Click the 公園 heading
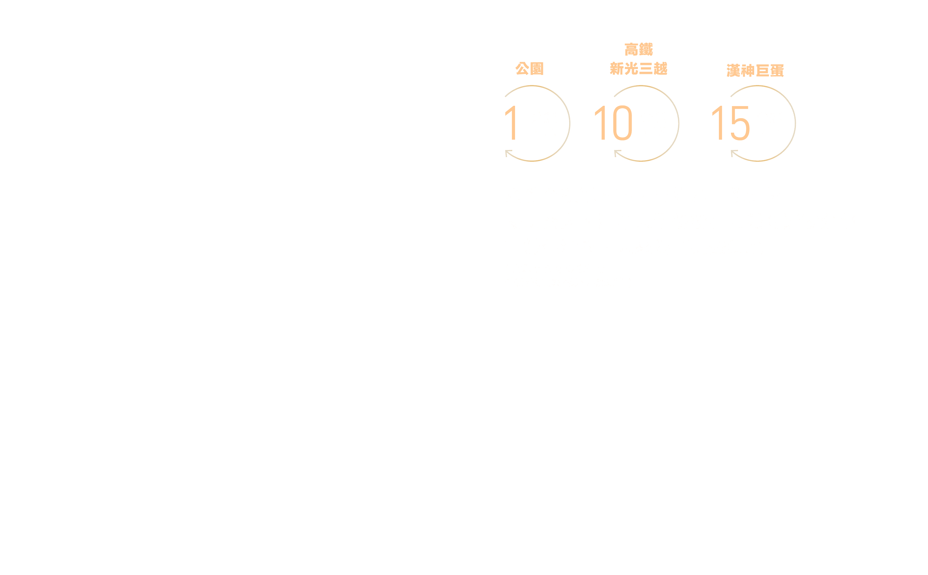point(529,69)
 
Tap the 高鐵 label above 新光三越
point(638,49)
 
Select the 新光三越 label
point(638,69)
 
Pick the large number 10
point(613,123)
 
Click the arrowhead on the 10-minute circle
point(617,153)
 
